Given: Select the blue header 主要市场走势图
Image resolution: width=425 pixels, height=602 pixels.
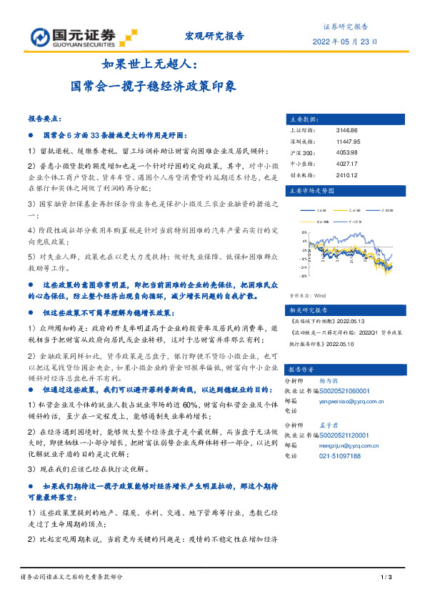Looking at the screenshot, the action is (310, 192).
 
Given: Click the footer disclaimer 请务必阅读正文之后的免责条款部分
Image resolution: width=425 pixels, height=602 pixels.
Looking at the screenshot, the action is (71, 577).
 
